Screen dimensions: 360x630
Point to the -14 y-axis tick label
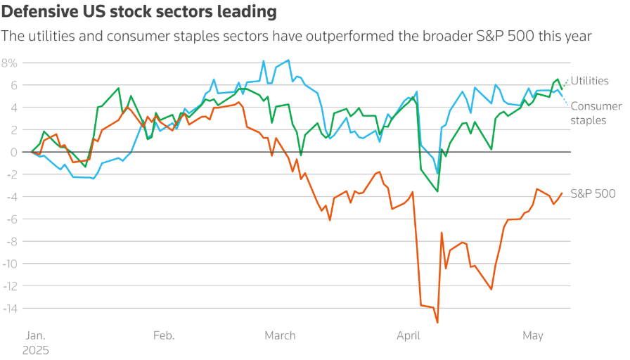[x=8, y=308]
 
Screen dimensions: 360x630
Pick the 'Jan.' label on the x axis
[x=37, y=336]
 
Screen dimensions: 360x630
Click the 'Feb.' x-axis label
[x=164, y=336]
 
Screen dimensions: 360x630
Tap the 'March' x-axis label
[x=280, y=336]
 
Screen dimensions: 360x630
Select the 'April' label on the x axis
[x=409, y=336]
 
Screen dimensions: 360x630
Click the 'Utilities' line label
[x=589, y=81]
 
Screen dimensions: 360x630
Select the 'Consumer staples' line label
[x=596, y=113]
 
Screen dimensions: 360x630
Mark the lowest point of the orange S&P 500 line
[x=437, y=323]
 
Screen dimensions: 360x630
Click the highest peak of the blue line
[x=288, y=60]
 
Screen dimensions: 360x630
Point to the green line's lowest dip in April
[x=437, y=191]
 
